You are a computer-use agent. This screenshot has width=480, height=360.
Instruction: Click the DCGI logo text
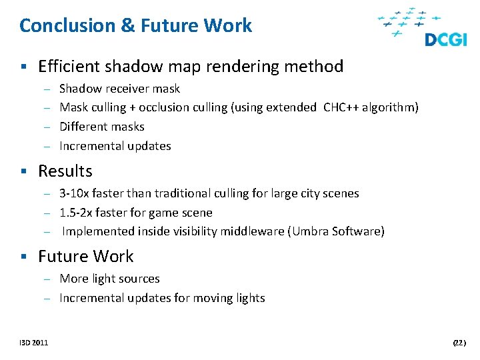[x=446, y=40]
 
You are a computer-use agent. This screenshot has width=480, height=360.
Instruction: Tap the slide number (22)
[x=459, y=343]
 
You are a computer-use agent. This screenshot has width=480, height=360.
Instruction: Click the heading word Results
[x=65, y=171]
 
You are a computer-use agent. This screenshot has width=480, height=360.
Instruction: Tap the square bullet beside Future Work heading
[x=23, y=257]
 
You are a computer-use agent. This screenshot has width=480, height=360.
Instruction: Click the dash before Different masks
[x=48, y=127]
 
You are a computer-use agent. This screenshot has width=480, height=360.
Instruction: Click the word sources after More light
[x=139, y=279]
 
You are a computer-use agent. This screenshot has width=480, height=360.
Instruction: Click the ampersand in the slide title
[x=127, y=26]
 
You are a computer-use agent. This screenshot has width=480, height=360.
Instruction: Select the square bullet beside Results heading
[x=23, y=172]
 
